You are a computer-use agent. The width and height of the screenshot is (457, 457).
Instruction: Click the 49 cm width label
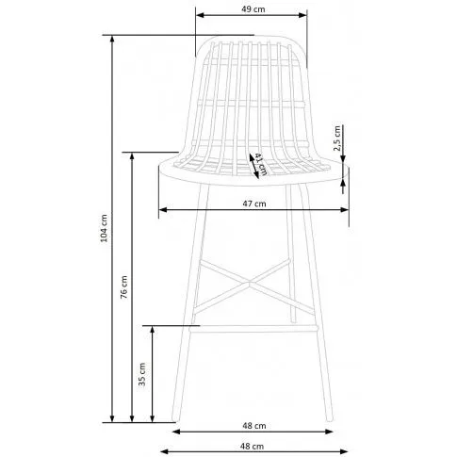pyautogui.click(x=253, y=9)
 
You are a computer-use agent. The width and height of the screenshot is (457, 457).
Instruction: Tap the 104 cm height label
pyautogui.click(x=104, y=228)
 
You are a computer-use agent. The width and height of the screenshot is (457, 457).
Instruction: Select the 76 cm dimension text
pyautogui.click(x=124, y=286)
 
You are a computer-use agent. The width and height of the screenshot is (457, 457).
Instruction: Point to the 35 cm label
pyautogui.click(x=142, y=374)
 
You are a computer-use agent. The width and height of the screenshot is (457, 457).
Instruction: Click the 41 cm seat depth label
pyautogui.click(x=261, y=164)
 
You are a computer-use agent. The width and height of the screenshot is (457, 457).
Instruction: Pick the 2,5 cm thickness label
pyautogui.click(x=337, y=139)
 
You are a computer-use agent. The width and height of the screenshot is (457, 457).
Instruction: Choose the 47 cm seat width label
pyautogui.click(x=254, y=204)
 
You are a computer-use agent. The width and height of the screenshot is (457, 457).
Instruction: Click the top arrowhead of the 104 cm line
pyautogui.click(x=112, y=40)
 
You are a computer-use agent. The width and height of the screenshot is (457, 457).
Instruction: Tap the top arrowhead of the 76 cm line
pyautogui.click(x=132, y=156)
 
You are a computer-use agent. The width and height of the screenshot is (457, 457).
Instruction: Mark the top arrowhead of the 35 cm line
pyautogui.click(x=153, y=330)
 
